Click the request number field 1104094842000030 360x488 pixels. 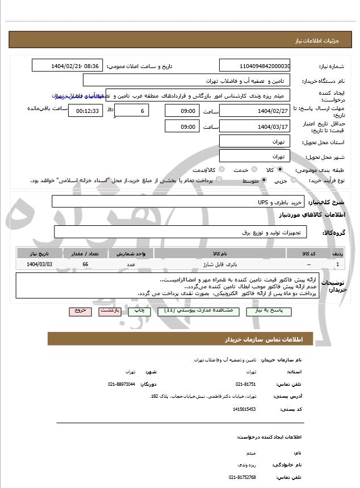point(254,66)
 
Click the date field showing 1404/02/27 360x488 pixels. point(254,110)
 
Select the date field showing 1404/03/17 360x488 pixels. point(254,127)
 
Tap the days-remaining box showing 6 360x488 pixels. point(132,111)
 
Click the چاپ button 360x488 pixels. point(139,311)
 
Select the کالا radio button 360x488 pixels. point(280,170)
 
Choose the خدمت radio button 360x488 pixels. point(253,170)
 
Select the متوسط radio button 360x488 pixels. point(263,180)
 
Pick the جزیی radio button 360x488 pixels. point(294,180)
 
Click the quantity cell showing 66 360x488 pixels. point(85,264)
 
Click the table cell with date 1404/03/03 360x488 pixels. point(40,264)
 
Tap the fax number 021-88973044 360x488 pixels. point(122,384)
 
